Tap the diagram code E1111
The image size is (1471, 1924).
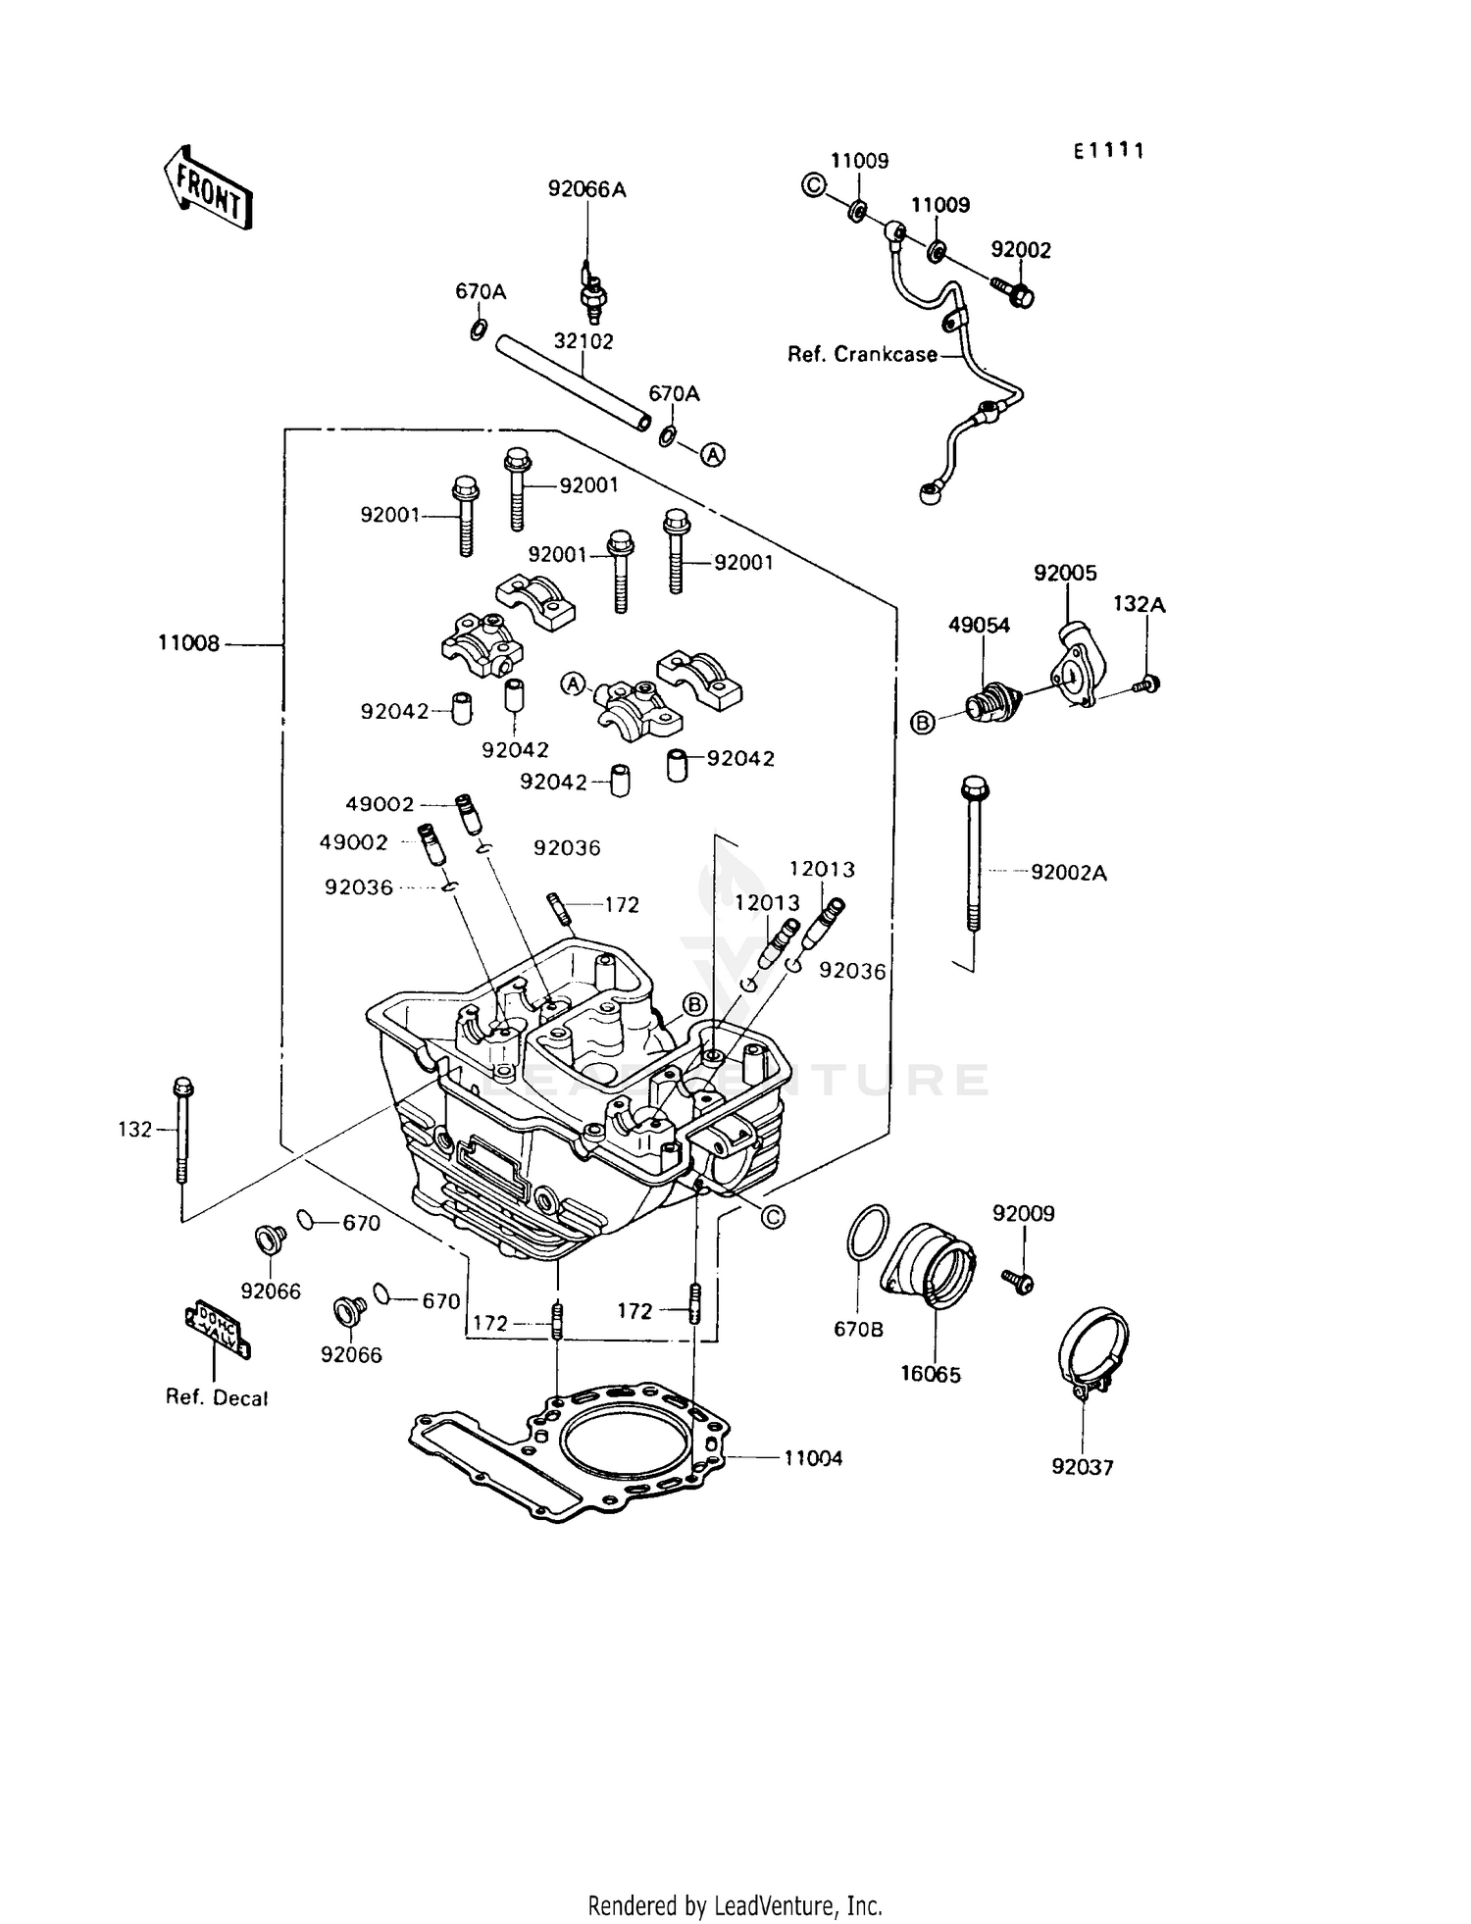click(x=1108, y=151)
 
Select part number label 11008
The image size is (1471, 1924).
click(x=188, y=644)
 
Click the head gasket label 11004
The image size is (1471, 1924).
click(x=813, y=1458)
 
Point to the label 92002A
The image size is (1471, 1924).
click(x=1068, y=872)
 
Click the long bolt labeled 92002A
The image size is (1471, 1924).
click(x=974, y=853)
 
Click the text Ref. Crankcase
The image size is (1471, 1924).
click(x=863, y=355)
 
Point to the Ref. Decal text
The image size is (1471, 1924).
click(x=217, y=1398)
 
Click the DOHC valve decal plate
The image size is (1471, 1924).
click(x=218, y=1329)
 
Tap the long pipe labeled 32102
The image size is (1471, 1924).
click(x=574, y=381)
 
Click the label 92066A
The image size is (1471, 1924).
click(x=586, y=189)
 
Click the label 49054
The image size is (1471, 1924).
click(x=978, y=625)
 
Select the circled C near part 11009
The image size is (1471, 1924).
click(x=814, y=184)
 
